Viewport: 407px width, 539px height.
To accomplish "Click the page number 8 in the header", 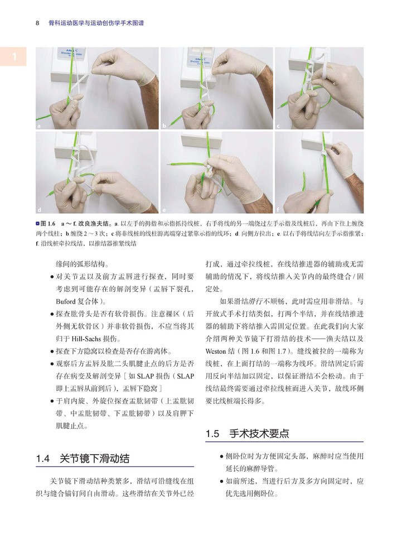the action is pos(37,23).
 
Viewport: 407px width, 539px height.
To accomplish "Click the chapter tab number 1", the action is pos(14,56).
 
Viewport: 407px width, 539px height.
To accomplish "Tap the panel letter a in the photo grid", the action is pos(39,126).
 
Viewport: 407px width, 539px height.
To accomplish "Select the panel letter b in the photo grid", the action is pos(164,126).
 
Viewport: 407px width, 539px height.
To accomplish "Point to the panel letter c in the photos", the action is pos(278,126).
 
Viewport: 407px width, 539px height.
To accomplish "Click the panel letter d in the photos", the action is pos(39,210).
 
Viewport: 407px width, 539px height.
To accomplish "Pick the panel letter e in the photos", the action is pos(164,210).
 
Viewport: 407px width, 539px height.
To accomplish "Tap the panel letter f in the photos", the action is pos(278,209).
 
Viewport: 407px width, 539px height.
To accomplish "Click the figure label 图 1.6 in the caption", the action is pos(48,223).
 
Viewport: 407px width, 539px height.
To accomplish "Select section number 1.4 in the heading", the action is pos(42,459).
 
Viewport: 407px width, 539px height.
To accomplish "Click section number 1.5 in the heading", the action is pos(212,434).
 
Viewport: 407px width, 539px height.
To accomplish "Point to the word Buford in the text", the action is pos(66,301).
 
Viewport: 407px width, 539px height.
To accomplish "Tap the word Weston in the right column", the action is pos(216,352).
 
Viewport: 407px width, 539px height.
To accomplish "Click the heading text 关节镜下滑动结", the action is pos(94,459).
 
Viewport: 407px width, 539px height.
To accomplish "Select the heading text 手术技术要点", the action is pos(259,434).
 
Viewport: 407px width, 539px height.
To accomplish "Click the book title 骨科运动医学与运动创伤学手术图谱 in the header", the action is pos(96,23).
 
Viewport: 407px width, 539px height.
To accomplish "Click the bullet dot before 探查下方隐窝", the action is pos(52,352).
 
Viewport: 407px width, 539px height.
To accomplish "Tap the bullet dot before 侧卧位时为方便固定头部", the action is pos(221,456).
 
